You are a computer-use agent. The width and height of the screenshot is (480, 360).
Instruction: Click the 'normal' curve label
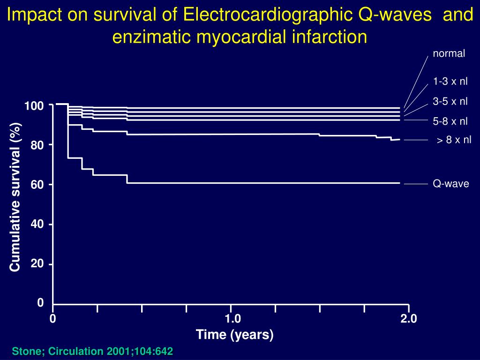pyautogui.click(x=449, y=53)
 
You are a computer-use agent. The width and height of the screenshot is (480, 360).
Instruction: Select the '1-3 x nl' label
pyautogui.click(x=450, y=82)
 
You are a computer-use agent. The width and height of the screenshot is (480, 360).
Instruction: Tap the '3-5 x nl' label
pyautogui.click(x=450, y=101)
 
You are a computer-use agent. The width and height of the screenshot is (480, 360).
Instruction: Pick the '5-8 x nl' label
pyautogui.click(x=450, y=121)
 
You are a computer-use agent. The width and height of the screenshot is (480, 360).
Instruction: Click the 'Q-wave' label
pyautogui.click(x=450, y=184)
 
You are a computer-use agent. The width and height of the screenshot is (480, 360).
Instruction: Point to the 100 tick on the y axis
pyautogui.click(x=34, y=106)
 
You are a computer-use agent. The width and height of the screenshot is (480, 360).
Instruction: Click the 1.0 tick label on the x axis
pyautogui.click(x=232, y=319)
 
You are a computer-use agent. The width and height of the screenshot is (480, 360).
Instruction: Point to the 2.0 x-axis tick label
pyautogui.click(x=408, y=319)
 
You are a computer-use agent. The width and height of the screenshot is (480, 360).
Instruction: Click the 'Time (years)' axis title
pyautogui.click(x=234, y=335)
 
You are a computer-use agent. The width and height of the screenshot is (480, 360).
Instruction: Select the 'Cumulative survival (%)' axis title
pyautogui.click(x=15, y=197)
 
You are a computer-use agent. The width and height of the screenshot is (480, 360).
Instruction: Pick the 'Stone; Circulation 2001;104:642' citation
pyautogui.click(x=92, y=351)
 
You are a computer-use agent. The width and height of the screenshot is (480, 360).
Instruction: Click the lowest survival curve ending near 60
pyautogui.click(x=262, y=182)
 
